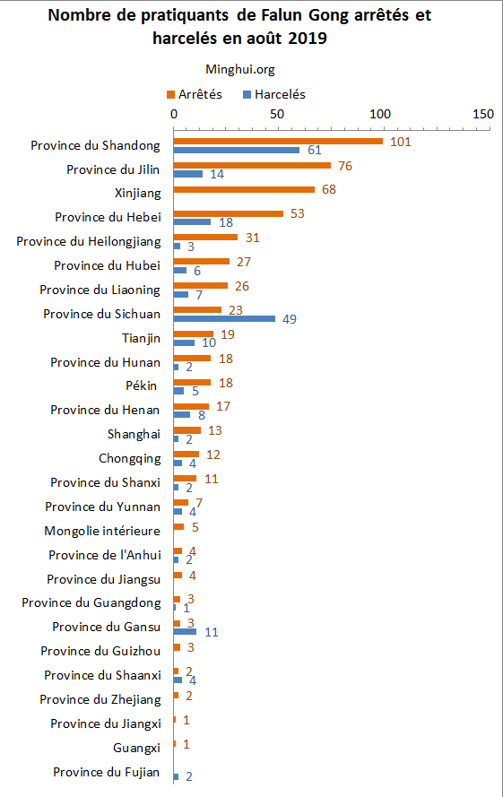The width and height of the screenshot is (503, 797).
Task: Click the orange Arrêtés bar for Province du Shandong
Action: point(278,141)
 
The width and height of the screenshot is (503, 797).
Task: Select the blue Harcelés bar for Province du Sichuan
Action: point(224,317)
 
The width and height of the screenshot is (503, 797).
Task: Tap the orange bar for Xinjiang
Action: point(244,189)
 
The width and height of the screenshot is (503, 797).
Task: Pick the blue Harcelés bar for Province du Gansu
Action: point(185,631)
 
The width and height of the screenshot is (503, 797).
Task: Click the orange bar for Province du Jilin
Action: point(252,165)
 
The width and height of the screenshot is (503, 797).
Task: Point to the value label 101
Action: point(401,141)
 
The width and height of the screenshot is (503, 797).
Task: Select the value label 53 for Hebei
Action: point(299,213)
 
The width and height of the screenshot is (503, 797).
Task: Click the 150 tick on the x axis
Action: point(483,115)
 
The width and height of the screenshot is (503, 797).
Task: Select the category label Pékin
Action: point(142,386)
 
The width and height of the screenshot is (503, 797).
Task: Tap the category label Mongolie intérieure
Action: point(102,531)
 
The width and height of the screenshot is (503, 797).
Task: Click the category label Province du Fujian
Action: point(106,772)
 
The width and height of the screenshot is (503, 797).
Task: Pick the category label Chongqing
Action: point(130,458)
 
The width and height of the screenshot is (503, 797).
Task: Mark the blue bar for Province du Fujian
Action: point(176,776)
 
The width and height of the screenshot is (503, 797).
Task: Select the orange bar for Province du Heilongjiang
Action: point(205,238)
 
